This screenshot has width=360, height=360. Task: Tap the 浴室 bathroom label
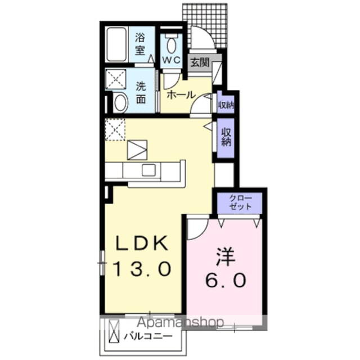[139, 43]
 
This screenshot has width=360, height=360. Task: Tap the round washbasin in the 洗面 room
[120, 102]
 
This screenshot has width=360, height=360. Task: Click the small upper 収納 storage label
[226, 105]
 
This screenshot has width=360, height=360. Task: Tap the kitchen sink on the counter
[149, 170]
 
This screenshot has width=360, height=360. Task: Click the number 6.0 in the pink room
[224, 280]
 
